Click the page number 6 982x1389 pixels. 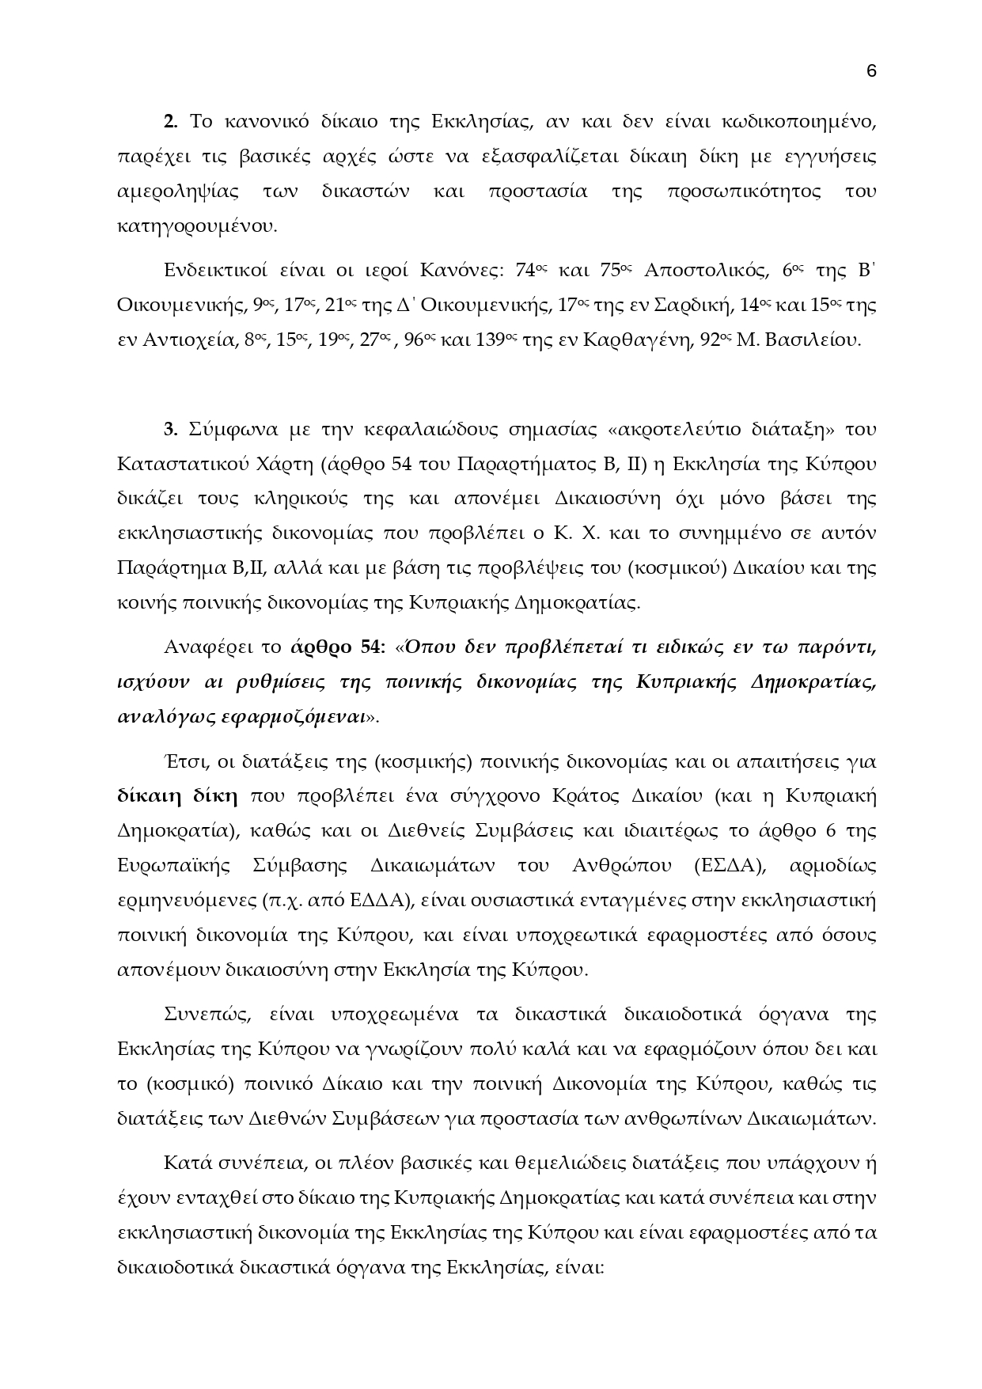(871, 71)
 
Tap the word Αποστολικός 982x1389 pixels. (707, 271)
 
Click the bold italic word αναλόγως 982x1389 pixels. (154, 717)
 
